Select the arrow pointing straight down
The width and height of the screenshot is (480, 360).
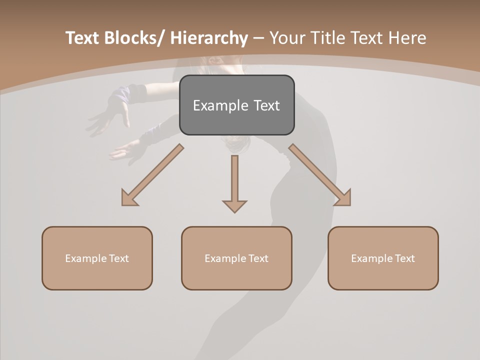(x=234, y=183)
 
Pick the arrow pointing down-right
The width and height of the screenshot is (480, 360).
(x=320, y=175)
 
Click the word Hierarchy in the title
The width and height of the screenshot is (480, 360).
(x=208, y=38)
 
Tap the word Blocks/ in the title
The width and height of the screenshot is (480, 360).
(x=134, y=38)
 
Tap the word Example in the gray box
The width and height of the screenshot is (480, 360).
(x=220, y=105)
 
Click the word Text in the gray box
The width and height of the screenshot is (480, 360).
(x=266, y=105)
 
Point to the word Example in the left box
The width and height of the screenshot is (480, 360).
(x=86, y=258)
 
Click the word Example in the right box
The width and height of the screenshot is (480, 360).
(x=372, y=258)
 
